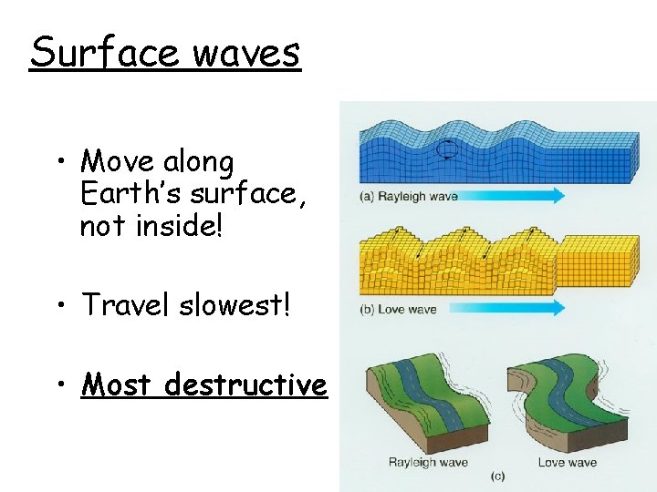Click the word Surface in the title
tap(104, 52)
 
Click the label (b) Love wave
tap(399, 309)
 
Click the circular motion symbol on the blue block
tap(447, 149)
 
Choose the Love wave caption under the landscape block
tap(567, 462)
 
